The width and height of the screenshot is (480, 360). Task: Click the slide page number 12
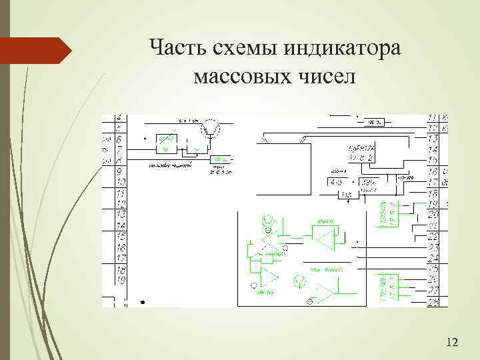coord(451,343)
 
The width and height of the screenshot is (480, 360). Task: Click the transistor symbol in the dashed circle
coord(213,125)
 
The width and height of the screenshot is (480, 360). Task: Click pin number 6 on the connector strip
coord(120,140)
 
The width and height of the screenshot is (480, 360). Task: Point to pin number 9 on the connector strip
coord(120,171)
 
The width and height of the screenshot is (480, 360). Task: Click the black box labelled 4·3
coord(335,182)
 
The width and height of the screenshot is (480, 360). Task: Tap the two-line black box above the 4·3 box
coord(361,152)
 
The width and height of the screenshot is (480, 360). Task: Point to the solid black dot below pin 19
coord(142,302)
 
